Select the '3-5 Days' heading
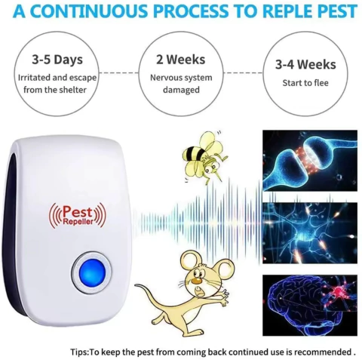[x=57, y=60]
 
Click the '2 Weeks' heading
[x=181, y=60]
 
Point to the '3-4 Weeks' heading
[x=305, y=64]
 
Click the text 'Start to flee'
[x=305, y=83]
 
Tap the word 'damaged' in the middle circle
[x=181, y=90]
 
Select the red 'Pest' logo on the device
[x=78, y=212]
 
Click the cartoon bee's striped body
[x=194, y=153]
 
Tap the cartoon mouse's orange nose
[x=198, y=280]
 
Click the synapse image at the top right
[x=310, y=161]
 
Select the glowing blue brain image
[x=310, y=305]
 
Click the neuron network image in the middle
[x=310, y=233]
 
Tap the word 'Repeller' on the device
[x=78, y=221]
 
